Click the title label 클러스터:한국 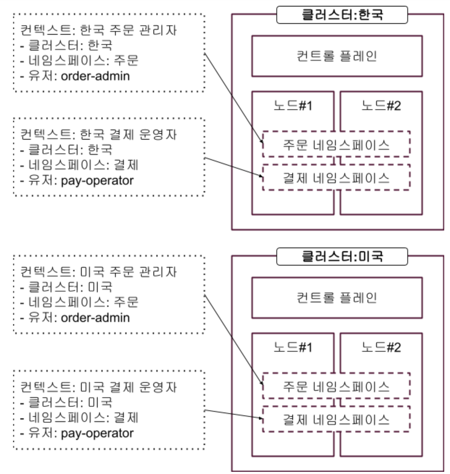(342, 15)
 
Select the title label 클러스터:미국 (342, 257)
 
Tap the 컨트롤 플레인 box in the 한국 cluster (337, 56)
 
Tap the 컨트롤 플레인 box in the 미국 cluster (337, 298)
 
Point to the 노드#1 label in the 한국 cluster (293, 106)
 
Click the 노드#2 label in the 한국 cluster (381, 106)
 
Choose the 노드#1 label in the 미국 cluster (293, 347)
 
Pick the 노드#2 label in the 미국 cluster (381, 347)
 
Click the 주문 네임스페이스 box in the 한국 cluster (336, 144)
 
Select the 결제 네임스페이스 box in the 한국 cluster (336, 177)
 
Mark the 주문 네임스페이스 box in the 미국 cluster (336, 386)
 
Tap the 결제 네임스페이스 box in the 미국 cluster (336, 419)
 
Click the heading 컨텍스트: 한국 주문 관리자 (98, 30)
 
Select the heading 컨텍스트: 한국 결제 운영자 (98, 134)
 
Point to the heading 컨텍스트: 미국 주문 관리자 (98, 271)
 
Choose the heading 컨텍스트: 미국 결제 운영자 (98, 387)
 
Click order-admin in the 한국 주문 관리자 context (95, 76)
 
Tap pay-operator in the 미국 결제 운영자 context (97, 433)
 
